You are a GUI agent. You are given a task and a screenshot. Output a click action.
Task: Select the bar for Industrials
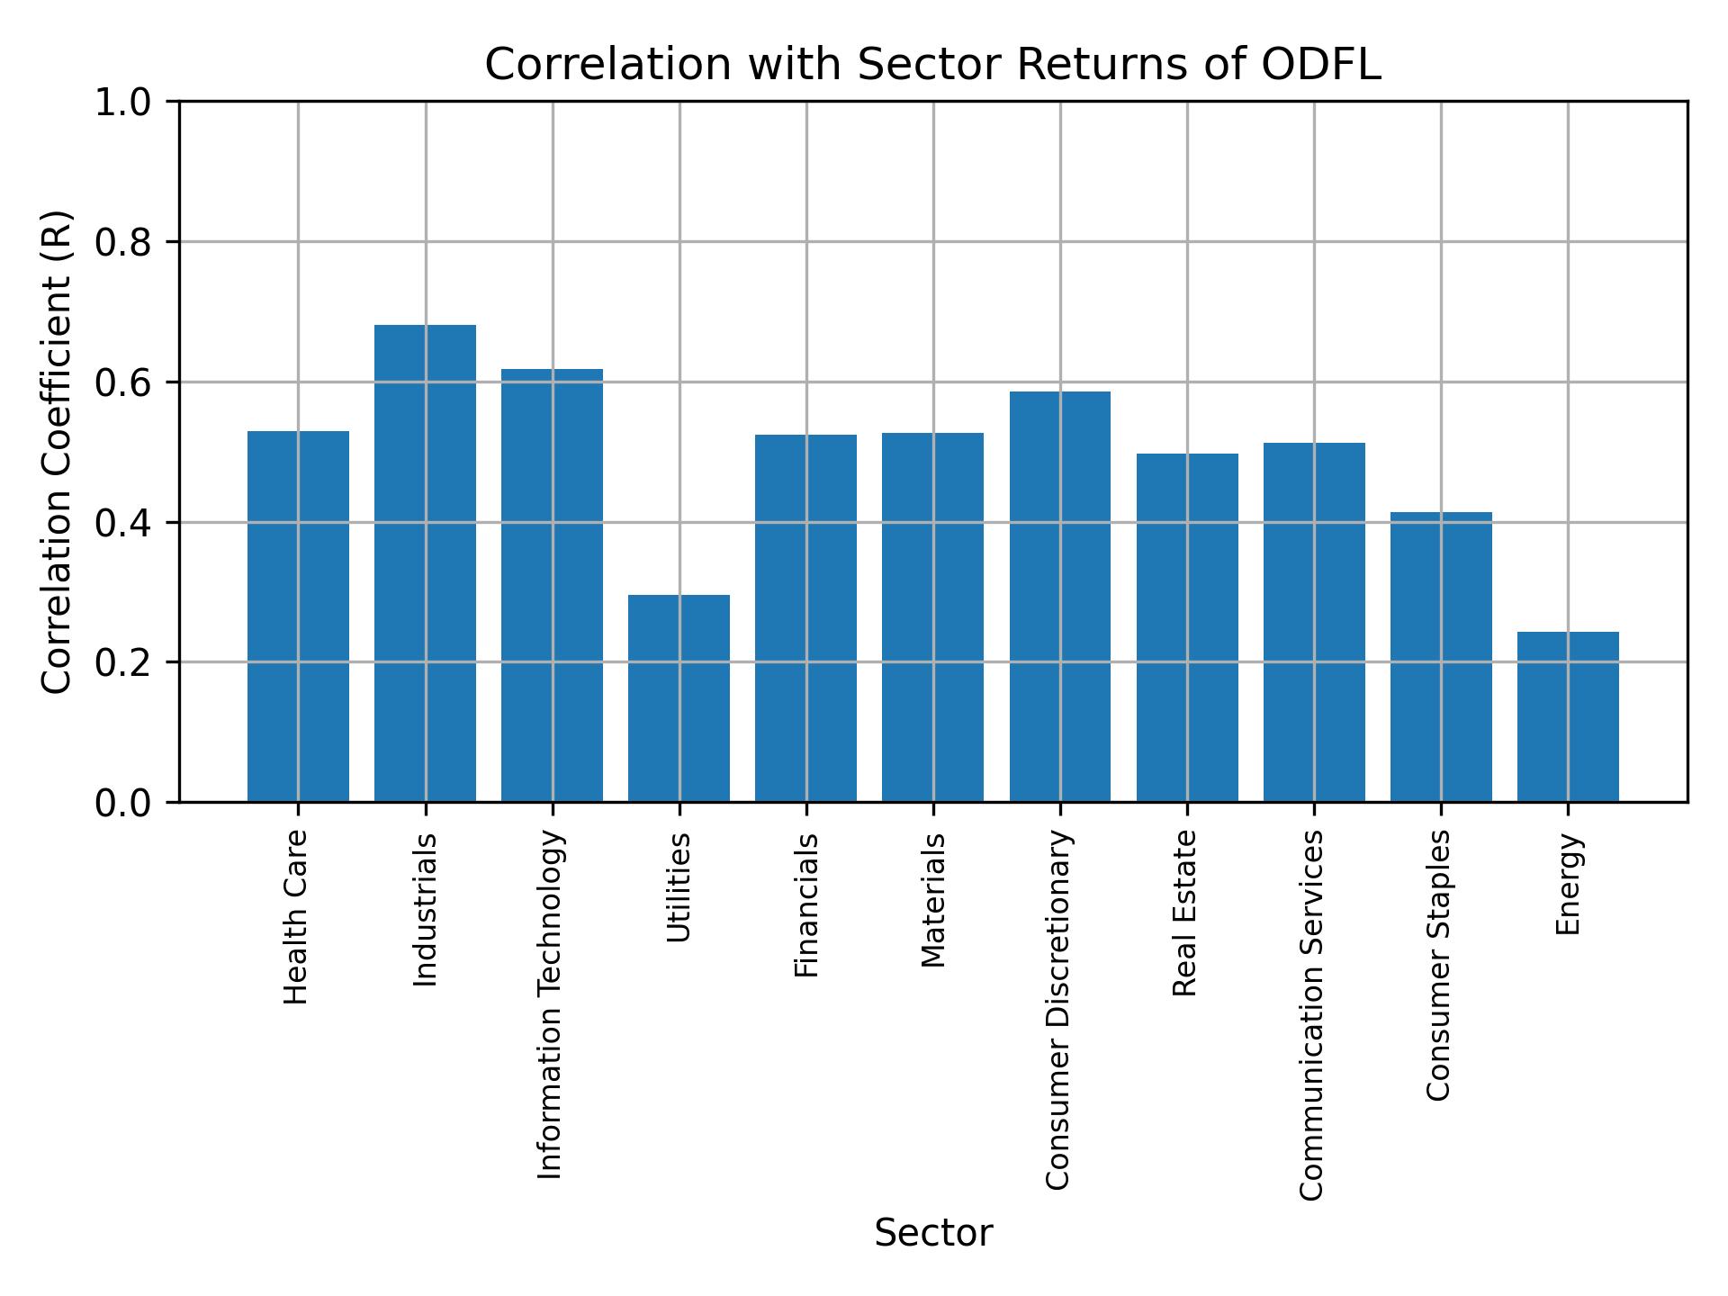[425, 563]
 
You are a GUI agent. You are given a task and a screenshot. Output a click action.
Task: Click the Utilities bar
[679, 698]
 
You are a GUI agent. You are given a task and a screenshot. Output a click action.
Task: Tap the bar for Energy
[1568, 716]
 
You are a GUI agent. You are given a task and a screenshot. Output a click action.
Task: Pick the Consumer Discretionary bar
[1059, 597]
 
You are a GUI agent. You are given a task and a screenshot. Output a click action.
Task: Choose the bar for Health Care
[298, 616]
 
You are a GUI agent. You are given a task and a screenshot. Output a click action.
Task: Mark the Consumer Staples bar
[1441, 657]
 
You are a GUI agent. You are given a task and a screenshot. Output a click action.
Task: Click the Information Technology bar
[552, 585]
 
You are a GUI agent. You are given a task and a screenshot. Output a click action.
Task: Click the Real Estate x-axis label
[1185, 913]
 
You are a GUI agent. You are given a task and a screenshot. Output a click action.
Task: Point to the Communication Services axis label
[1312, 1014]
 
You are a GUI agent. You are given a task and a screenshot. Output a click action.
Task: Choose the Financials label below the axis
[806, 904]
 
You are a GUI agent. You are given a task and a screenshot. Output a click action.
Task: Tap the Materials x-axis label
[933, 900]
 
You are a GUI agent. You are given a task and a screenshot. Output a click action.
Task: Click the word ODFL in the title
[1321, 65]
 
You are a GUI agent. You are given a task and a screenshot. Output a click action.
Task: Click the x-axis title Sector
[933, 1233]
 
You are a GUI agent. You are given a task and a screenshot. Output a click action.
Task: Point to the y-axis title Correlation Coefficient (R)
[58, 452]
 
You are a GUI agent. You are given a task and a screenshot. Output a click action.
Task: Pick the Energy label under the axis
[1568, 884]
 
